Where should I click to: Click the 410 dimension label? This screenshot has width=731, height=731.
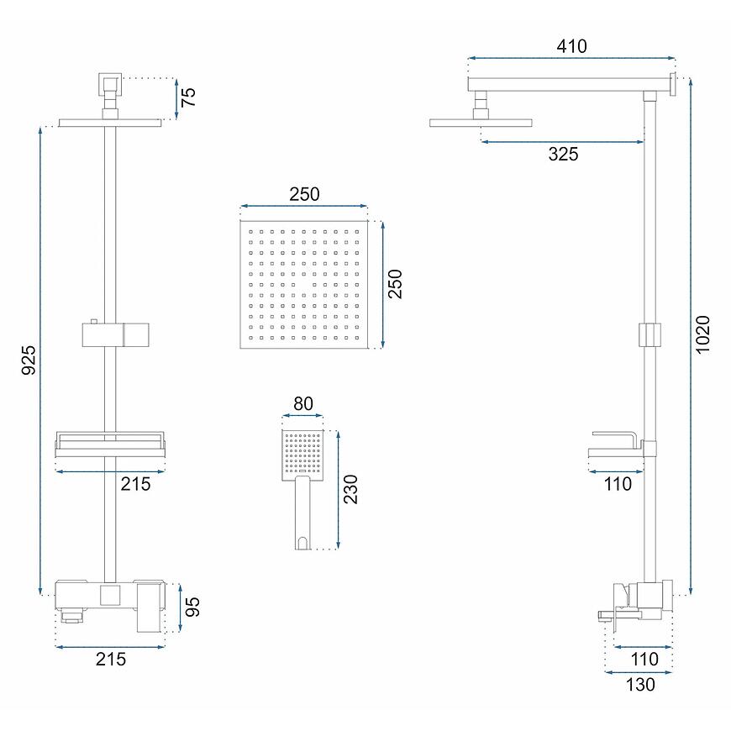[x=571, y=46]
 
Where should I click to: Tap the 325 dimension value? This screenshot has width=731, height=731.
[x=563, y=154]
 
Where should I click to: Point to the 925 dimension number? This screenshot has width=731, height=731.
[x=29, y=360]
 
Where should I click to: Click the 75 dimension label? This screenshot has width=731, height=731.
[x=188, y=97]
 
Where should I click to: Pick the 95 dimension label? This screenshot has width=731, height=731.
[x=192, y=607]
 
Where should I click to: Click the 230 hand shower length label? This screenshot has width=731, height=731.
[x=350, y=489]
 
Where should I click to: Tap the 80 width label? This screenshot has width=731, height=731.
[x=303, y=403]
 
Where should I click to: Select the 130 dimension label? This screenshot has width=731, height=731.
[x=640, y=685]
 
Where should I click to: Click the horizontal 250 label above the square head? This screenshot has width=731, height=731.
[x=304, y=194]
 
